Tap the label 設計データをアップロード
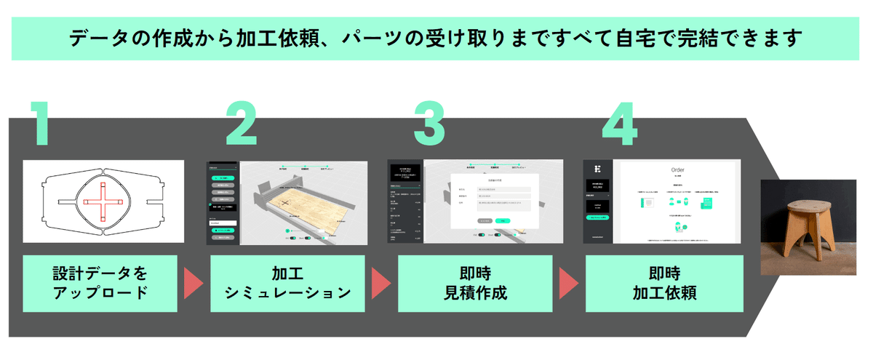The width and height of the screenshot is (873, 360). tap(100, 283)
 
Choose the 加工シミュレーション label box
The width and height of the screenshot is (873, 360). tap(287, 283)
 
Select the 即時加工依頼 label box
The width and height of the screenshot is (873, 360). tap(663, 283)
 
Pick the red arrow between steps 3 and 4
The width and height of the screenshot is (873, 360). tap(567, 283)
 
